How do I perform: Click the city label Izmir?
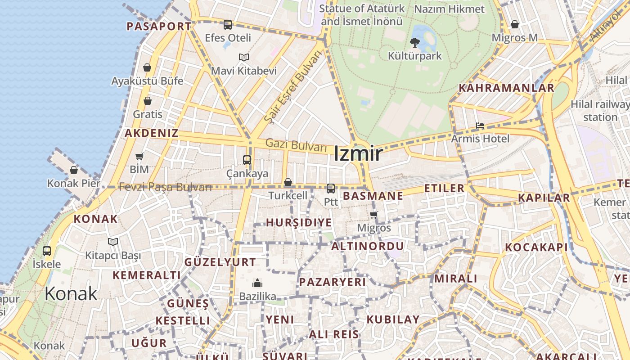(x=358, y=154)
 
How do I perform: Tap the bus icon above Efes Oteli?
(x=228, y=25)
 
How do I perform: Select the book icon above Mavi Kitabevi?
(x=244, y=58)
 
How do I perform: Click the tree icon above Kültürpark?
(x=414, y=43)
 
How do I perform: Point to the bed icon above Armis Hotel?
(x=480, y=126)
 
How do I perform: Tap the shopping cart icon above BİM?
(x=139, y=157)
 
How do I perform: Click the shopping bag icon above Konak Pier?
(x=74, y=170)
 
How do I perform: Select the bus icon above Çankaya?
(x=247, y=160)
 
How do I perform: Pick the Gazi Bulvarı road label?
(x=296, y=145)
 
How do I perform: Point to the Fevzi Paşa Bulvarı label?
(x=165, y=187)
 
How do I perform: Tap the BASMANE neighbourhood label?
(x=373, y=196)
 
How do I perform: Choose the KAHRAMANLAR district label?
(x=506, y=88)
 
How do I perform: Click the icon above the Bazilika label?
(x=257, y=283)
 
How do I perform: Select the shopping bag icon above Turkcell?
(x=288, y=182)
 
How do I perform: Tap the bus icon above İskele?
(x=47, y=251)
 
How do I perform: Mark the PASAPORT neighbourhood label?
(x=159, y=26)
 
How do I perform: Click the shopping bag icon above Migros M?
(x=515, y=24)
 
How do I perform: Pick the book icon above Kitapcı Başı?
(x=113, y=242)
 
